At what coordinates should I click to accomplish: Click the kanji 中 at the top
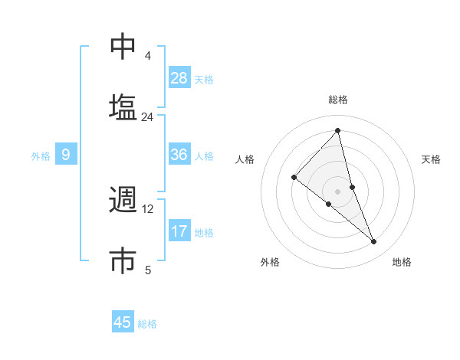(x=123, y=47)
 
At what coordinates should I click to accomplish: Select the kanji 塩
(x=123, y=107)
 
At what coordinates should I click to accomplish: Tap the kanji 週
(x=123, y=201)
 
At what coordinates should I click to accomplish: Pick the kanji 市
(x=123, y=260)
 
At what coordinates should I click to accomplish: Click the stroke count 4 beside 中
(x=148, y=56)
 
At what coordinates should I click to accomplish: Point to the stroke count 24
(x=148, y=117)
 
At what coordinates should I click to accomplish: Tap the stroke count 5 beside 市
(x=148, y=270)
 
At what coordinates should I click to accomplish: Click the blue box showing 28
(x=179, y=78)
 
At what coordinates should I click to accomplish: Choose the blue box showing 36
(x=179, y=154)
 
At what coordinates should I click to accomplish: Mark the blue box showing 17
(x=179, y=231)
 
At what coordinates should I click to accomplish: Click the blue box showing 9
(x=66, y=154)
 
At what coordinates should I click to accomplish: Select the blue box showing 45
(x=123, y=322)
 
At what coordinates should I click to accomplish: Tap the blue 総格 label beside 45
(x=147, y=324)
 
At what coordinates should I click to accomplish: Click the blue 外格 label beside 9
(x=41, y=156)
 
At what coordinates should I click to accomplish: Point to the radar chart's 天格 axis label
(x=432, y=159)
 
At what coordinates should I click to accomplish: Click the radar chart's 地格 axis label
(x=402, y=262)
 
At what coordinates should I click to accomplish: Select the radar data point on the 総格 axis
(x=338, y=131)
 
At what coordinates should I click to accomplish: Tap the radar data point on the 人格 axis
(x=294, y=177)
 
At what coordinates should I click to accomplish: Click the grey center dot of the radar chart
(x=338, y=190)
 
